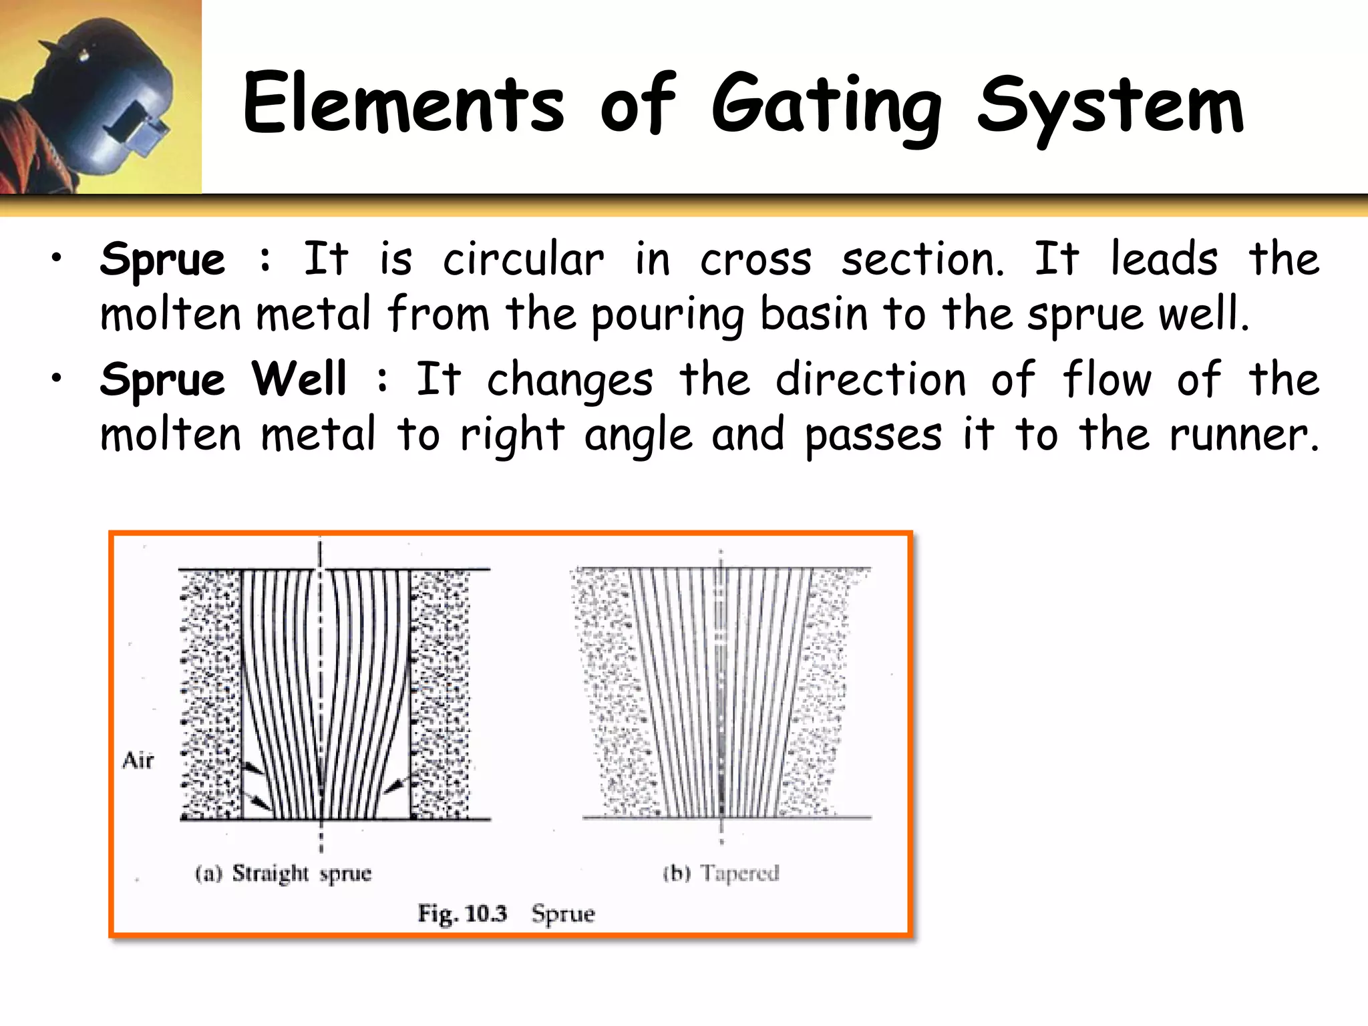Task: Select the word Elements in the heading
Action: [403, 104]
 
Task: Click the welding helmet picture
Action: [100, 97]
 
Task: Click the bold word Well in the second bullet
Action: [299, 379]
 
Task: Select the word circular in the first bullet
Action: [523, 259]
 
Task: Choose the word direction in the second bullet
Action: [870, 379]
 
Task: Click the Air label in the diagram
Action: [138, 760]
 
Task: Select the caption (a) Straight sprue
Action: [283, 874]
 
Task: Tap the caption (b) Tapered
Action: [721, 873]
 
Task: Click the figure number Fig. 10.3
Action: [462, 913]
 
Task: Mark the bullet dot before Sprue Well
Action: [57, 378]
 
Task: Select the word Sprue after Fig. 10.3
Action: [562, 914]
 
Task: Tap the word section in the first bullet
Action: [922, 259]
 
